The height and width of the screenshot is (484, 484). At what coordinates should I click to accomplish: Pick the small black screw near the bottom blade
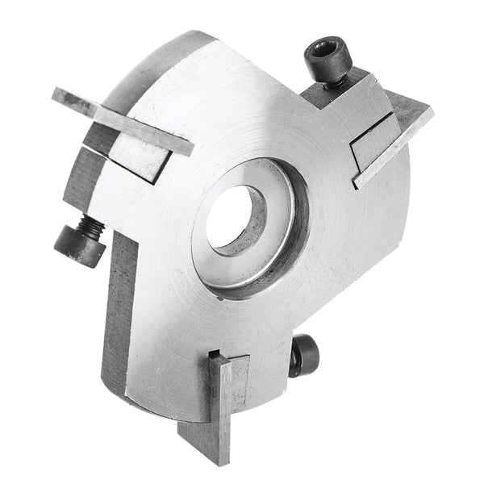click(305, 355)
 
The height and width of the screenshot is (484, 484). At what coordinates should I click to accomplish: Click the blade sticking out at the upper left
click(121, 121)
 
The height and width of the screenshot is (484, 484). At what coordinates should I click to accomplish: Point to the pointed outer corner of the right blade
click(432, 111)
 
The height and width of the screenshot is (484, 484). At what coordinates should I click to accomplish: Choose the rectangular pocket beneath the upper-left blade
click(137, 158)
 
